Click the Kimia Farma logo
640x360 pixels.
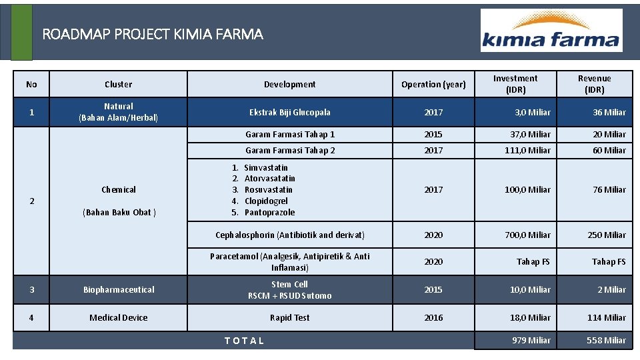point(551,31)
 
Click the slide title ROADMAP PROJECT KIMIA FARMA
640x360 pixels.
point(153,34)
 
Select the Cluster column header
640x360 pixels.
point(119,85)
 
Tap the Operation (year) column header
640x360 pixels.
point(433,85)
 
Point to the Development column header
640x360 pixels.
point(289,85)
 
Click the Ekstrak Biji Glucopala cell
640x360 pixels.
point(289,113)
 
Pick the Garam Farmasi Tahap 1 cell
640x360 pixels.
point(290,135)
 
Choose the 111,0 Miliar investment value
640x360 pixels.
point(527,151)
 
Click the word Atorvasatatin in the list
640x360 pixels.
point(269,179)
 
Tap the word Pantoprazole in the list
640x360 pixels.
point(269,213)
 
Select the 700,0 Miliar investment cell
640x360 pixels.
point(527,235)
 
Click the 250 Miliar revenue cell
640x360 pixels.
point(606,235)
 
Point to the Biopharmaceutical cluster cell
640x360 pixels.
point(119,290)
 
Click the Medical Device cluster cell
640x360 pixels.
point(119,318)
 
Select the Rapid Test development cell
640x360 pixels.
point(289,318)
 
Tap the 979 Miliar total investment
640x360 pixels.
point(531,341)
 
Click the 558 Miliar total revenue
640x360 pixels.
point(606,341)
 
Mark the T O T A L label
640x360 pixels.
point(244,341)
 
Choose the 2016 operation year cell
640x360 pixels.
point(433,318)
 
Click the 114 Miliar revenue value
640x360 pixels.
point(606,318)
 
